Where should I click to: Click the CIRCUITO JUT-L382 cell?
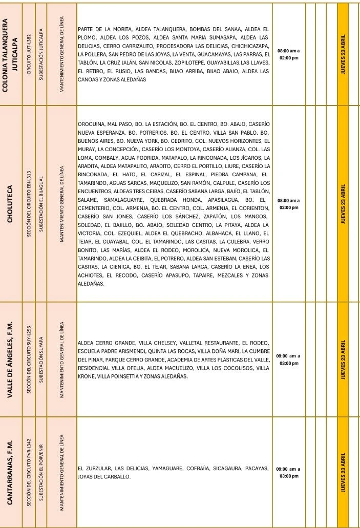pyautogui.click(x=30, y=55)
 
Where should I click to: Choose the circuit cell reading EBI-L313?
pyautogui.click(x=30, y=204)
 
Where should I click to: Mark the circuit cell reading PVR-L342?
pyautogui.click(x=30, y=468)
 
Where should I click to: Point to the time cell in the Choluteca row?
pyautogui.click(x=288, y=204)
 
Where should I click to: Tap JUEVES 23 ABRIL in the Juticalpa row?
pyautogui.click(x=343, y=55)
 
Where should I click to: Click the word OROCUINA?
pyautogui.click(x=91, y=124)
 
